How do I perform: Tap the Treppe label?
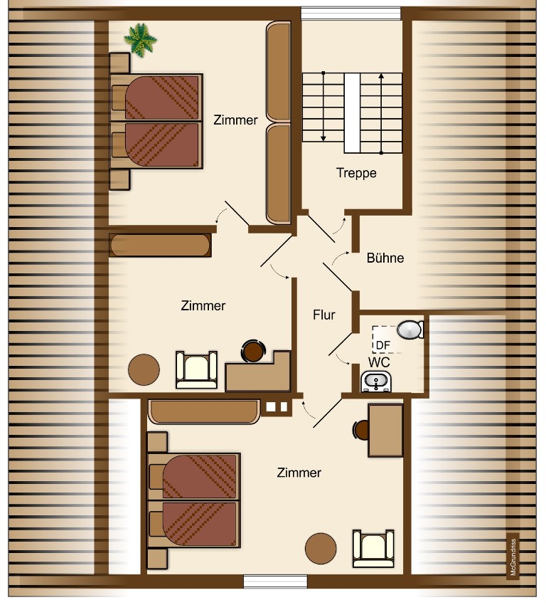(x=356, y=173)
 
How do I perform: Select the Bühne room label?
(x=385, y=258)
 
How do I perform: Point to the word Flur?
(x=324, y=315)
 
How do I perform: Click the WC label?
(x=379, y=362)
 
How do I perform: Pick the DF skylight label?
(x=382, y=345)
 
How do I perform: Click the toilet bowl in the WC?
(x=410, y=330)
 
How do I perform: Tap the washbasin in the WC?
(x=375, y=382)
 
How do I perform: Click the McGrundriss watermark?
(x=513, y=557)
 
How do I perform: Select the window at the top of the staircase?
(x=350, y=14)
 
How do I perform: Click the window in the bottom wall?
(x=275, y=581)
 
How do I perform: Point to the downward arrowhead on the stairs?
(x=323, y=138)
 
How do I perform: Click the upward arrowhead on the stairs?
(x=381, y=76)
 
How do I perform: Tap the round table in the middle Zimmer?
(x=144, y=369)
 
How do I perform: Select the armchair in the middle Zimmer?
(x=196, y=369)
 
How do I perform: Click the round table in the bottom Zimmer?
(x=321, y=548)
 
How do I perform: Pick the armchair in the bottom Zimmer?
(x=373, y=548)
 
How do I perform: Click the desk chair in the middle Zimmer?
(x=253, y=351)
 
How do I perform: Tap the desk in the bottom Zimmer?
(x=385, y=430)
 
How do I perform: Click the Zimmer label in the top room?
(x=235, y=120)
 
